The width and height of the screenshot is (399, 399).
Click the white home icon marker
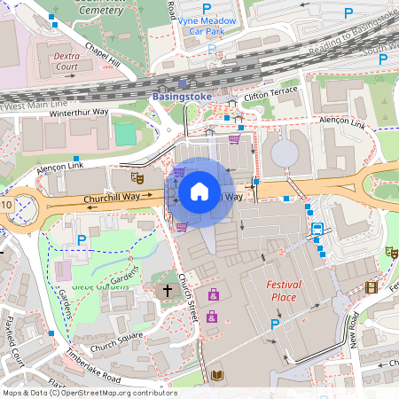coord(199,191)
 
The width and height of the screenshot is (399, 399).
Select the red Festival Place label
coord(283,291)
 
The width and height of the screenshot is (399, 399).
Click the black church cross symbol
coord(167,291)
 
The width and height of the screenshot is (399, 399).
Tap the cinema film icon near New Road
coord(371,286)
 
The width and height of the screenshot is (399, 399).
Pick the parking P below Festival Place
coord(275,325)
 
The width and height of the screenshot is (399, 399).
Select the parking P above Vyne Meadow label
coord(207,7)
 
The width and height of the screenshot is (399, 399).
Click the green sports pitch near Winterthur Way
coord(125,136)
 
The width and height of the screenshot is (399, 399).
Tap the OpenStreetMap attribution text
coord(89,393)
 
